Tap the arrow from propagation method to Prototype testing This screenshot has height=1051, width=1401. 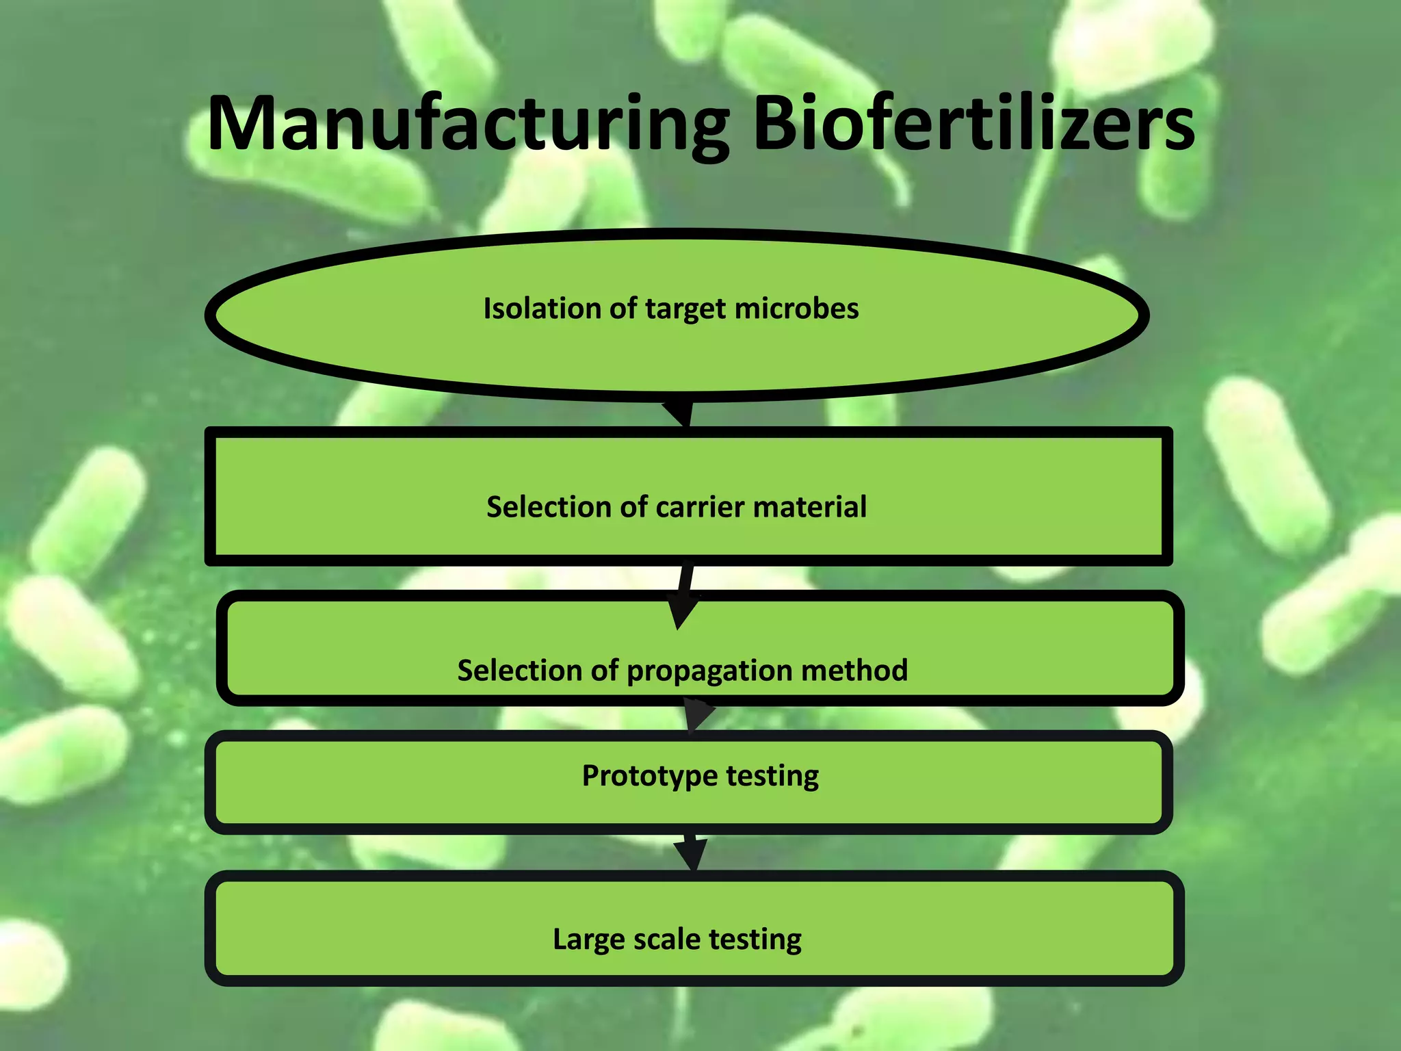pos(697,716)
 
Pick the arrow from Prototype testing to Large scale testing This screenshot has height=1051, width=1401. pos(692,853)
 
